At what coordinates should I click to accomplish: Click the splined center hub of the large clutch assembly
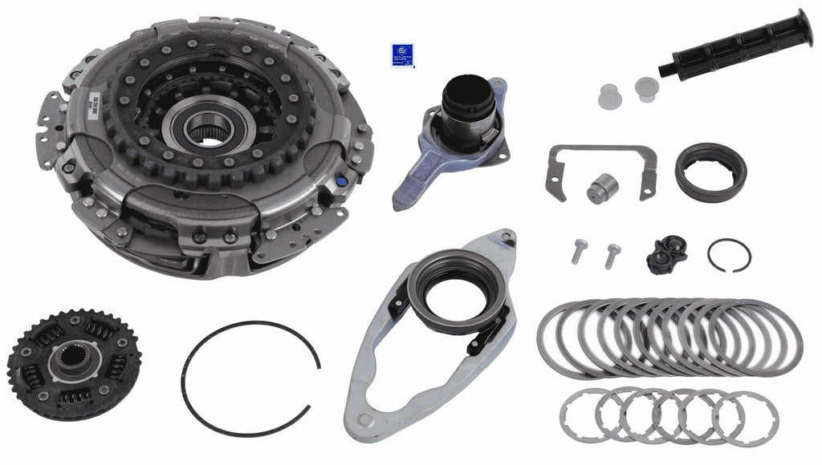[210, 127]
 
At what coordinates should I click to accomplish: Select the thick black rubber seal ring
[710, 171]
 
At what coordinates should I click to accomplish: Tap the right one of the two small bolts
[612, 255]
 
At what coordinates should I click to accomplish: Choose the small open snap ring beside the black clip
[729, 255]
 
